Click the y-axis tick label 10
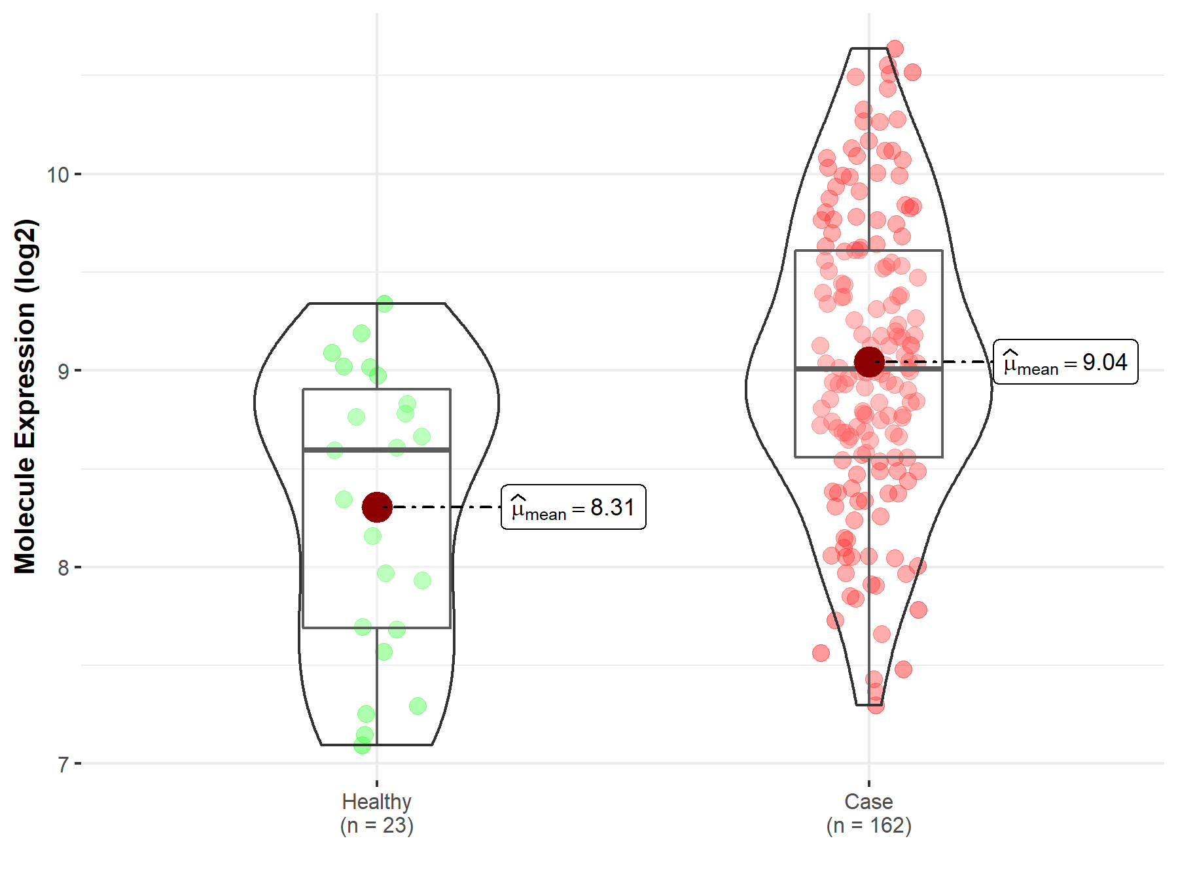point(58,175)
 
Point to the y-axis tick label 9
point(63,371)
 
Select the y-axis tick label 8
point(63,567)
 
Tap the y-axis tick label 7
point(63,764)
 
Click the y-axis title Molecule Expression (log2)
point(25,396)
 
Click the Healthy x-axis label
point(376,801)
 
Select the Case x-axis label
point(868,801)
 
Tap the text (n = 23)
point(376,825)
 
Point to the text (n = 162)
point(868,825)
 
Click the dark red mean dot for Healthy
point(377,507)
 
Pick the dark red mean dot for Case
point(869,362)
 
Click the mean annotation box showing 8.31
point(573,507)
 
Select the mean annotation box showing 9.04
point(1065,362)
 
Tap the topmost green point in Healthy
point(384,303)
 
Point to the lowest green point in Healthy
point(362,745)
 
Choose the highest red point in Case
point(895,48)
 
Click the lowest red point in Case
point(876,705)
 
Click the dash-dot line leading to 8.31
point(445,507)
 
